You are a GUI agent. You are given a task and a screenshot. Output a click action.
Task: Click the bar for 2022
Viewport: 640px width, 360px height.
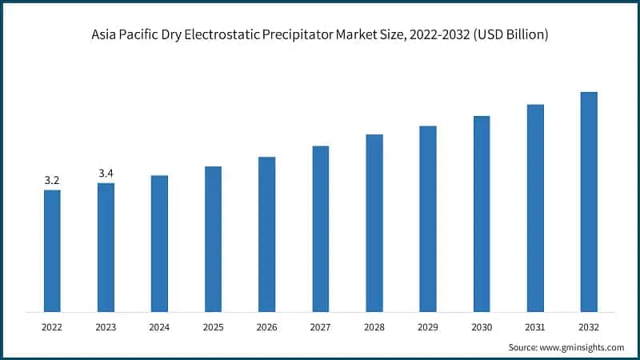[x=52, y=250]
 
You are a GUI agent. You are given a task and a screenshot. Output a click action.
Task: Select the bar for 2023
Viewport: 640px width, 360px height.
[x=106, y=247]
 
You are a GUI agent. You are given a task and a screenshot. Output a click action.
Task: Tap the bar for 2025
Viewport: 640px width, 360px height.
[x=213, y=238]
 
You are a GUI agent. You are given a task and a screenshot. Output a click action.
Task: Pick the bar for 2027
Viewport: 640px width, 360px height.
[x=321, y=228]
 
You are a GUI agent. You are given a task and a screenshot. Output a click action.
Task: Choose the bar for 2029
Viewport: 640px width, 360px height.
[x=428, y=218]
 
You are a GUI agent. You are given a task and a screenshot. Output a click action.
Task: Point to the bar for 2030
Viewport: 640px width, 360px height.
[x=482, y=214]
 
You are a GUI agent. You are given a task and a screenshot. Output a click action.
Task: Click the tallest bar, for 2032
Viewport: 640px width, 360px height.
[x=589, y=202]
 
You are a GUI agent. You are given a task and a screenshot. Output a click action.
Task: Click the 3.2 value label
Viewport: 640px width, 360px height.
[x=52, y=181]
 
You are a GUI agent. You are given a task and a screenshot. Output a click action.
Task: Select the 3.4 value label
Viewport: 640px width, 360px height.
[x=106, y=174]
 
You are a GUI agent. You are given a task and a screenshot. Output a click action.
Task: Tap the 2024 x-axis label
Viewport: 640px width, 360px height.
[x=159, y=327]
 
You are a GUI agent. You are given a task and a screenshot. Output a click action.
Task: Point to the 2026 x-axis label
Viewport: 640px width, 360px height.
[x=266, y=327]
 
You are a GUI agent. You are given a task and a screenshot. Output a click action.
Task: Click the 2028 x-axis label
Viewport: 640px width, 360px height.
[x=374, y=327]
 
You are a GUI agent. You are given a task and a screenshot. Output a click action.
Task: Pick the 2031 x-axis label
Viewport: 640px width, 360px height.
[x=535, y=327]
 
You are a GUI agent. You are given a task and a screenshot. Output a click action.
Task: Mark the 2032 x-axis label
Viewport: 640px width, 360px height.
[x=589, y=327]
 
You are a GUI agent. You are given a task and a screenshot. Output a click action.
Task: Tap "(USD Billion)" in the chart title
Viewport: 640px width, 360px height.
[x=510, y=36]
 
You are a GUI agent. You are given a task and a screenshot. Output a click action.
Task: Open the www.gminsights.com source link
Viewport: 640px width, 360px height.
[x=583, y=347]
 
